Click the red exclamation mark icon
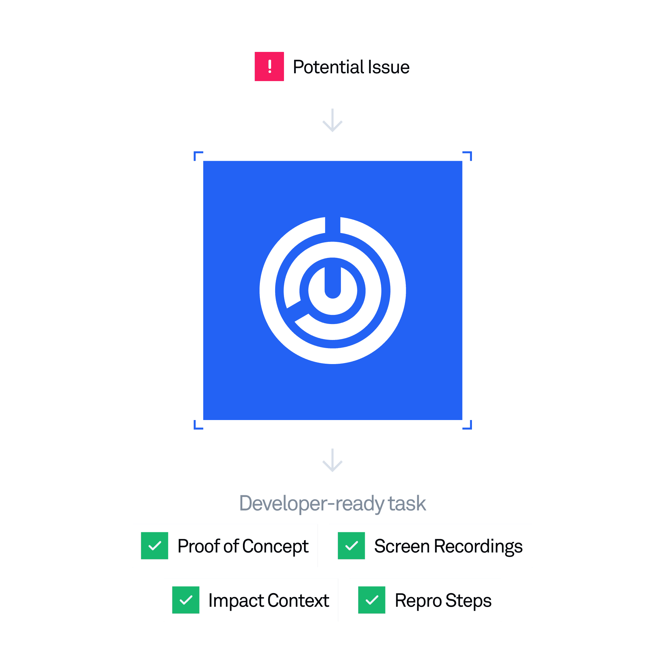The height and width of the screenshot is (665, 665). [269, 66]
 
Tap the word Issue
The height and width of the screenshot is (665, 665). [388, 67]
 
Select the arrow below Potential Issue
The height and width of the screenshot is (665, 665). [332, 120]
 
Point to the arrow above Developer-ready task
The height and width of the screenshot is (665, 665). [332, 460]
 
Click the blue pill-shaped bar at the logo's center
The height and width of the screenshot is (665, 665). [333, 282]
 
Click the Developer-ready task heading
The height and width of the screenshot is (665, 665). [332, 503]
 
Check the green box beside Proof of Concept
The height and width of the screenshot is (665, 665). [155, 546]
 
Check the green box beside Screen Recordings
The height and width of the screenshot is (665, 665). [351, 546]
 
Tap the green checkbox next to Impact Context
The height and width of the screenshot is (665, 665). [186, 600]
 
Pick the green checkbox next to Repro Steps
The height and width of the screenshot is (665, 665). [372, 600]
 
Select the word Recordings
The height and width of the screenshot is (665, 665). [478, 547]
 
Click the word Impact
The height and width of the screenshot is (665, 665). [236, 601]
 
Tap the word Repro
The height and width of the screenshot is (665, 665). [418, 601]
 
